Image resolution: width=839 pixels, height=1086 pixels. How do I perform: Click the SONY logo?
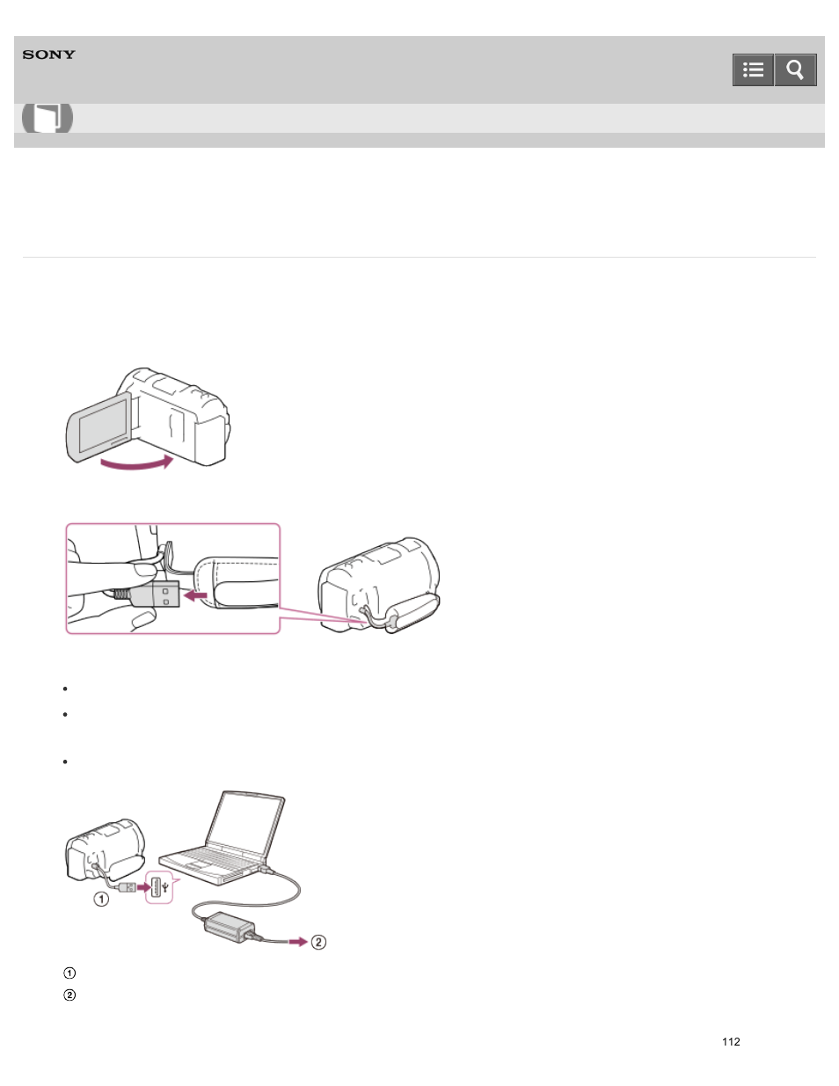[49, 55]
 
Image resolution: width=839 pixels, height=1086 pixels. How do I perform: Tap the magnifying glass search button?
[795, 70]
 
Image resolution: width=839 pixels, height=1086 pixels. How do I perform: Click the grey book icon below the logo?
[47, 118]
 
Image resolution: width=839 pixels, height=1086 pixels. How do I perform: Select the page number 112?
[731, 1042]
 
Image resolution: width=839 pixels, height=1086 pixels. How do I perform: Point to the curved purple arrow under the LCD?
[136, 462]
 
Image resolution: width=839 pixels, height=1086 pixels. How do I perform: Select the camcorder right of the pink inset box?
[379, 584]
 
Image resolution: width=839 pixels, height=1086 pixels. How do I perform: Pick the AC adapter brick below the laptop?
[230, 925]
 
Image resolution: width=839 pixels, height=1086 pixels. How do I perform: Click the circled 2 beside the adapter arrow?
[318, 942]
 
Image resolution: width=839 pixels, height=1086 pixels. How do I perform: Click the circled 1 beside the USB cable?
[102, 899]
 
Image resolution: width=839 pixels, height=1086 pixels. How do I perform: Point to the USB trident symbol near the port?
[166, 887]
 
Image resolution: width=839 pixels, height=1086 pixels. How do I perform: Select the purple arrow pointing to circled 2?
[298, 942]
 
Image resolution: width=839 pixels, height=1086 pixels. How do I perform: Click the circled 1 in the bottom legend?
[69, 973]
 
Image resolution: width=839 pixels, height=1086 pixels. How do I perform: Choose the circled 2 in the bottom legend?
[69, 995]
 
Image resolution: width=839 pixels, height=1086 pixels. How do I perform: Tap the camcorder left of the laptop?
[105, 849]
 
